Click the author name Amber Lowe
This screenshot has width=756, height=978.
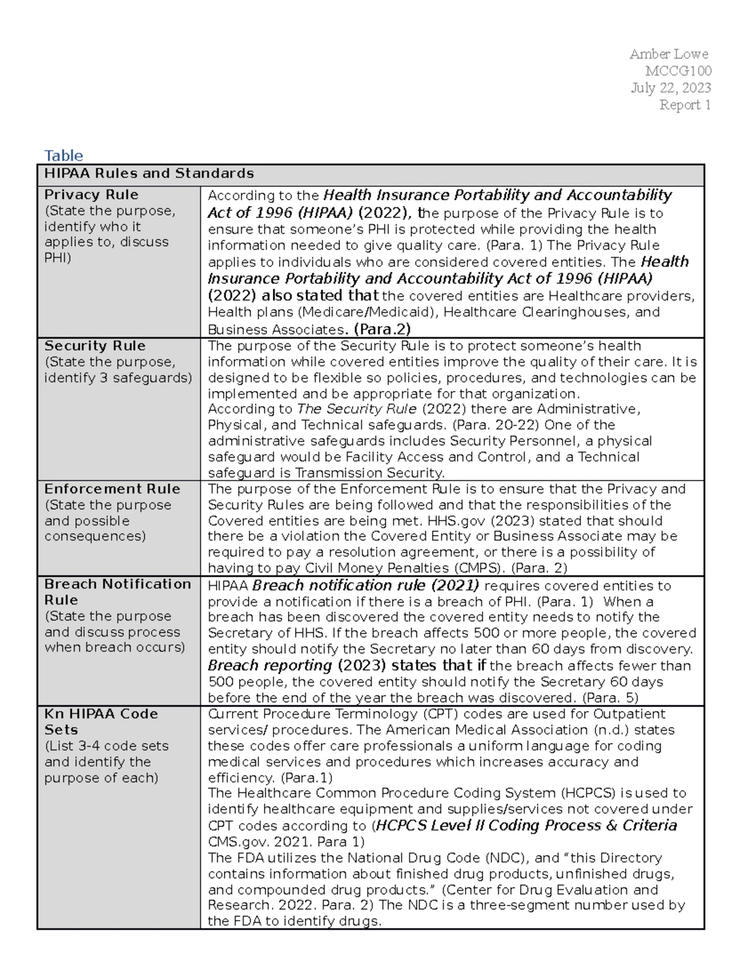[668, 54]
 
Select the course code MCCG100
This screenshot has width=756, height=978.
[678, 71]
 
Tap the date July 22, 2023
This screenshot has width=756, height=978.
[671, 88]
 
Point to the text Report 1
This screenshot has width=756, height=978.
[685, 105]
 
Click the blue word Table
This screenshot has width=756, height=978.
[63, 156]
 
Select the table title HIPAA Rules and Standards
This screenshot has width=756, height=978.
[149, 173]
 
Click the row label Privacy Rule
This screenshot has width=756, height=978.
[91, 195]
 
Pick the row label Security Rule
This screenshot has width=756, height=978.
[94, 346]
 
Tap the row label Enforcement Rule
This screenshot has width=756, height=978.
[112, 489]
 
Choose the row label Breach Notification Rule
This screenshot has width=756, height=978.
[117, 592]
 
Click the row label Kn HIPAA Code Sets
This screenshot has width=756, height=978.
[101, 722]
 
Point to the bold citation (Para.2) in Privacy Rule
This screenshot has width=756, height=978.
[382, 329]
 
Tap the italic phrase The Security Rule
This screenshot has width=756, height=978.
[357, 409]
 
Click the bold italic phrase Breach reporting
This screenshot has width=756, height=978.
[270, 666]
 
